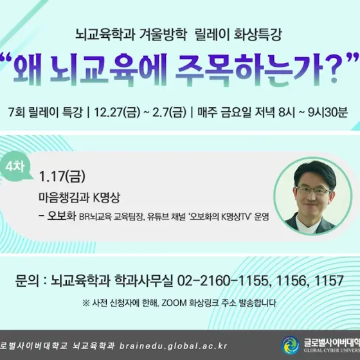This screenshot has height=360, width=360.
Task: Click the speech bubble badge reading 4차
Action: (x=15, y=166)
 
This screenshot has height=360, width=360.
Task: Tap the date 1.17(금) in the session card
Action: (x=62, y=176)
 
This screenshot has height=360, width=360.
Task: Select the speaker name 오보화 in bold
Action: (x=62, y=215)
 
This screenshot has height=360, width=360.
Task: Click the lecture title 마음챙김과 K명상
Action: (x=79, y=197)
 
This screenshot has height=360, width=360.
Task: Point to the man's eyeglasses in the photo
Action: (x=314, y=190)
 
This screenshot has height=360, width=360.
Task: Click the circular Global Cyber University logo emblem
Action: (x=291, y=345)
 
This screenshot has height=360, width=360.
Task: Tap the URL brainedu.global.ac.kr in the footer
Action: (x=174, y=346)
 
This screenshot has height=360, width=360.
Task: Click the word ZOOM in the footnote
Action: (x=174, y=303)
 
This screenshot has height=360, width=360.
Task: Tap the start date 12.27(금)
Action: (x=117, y=113)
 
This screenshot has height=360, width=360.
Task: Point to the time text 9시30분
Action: (x=328, y=113)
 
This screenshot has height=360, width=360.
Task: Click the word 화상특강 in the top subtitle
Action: (x=257, y=35)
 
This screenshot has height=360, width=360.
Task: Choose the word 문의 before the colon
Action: (x=27, y=280)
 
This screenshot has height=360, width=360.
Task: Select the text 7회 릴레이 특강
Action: (x=45, y=113)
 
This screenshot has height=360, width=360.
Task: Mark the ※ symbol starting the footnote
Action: (x=86, y=303)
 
